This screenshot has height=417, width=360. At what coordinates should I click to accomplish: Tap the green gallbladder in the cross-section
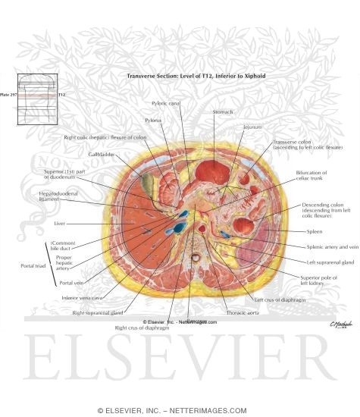pos(146,181)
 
